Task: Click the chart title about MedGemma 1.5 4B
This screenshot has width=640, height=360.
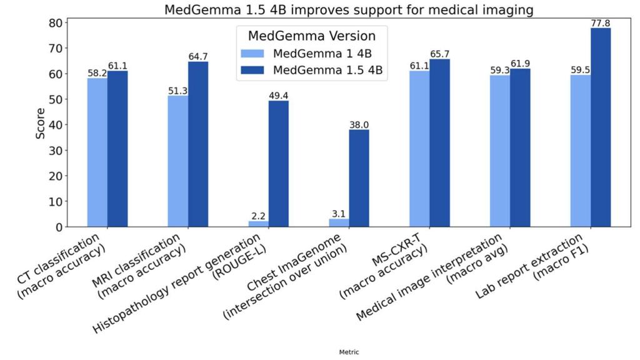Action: click(x=349, y=10)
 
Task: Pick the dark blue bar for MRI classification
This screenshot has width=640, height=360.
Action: click(x=198, y=144)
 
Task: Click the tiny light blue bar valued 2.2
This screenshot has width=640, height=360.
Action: click(x=259, y=224)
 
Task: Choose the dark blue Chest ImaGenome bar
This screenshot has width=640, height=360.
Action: click(x=359, y=178)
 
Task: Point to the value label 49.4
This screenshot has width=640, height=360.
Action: click(x=279, y=95)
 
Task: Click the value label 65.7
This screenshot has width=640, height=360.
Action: click(x=439, y=54)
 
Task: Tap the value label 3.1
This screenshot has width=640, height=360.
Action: click(x=339, y=214)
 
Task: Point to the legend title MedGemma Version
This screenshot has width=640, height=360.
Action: click(x=311, y=35)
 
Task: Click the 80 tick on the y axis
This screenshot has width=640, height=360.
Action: click(x=55, y=23)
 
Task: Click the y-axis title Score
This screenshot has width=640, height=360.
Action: click(x=41, y=124)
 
